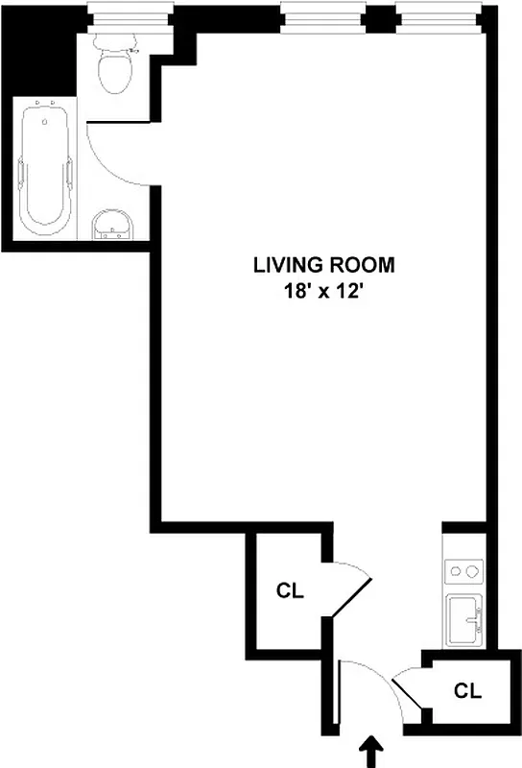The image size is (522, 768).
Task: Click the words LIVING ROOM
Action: pyautogui.click(x=310, y=265)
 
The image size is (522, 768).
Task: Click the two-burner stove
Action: pyautogui.click(x=465, y=573)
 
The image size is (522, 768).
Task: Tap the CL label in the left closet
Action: pyautogui.click(x=290, y=591)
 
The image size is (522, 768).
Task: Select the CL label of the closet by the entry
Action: pyautogui.click(x=466, y=689)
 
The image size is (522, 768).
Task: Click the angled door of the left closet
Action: pyautogui.click(x=350, y=595)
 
